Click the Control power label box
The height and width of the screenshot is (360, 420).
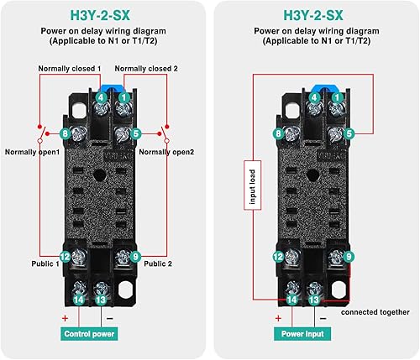click(x=89, y=334)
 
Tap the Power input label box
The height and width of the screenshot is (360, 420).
click(x=302, y=334)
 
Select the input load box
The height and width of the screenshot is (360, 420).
click(x=253, y=185)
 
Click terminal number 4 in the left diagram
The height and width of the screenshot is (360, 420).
click(x=101, y=97)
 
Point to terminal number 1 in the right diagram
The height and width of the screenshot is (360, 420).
click(x=337, y=97)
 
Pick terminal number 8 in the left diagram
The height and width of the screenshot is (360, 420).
click(x=65, y=133)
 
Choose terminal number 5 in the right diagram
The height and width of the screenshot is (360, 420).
click(x=349, y=133)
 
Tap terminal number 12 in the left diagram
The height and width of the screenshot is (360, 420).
click(x=65, y=257)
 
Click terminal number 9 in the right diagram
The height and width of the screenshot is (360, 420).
click(x=349, y=257)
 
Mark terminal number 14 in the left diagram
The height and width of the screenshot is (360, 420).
click(x=79, y=300)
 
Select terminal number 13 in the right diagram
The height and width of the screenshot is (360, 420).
click(x=314, y=300)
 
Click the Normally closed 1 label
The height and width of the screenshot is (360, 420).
click(x=70, y=69)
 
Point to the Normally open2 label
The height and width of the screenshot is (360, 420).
click(x=166, y=152)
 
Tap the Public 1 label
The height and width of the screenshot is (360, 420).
click(x=45, y=263)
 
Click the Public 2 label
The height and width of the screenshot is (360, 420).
click(x=158, y=263)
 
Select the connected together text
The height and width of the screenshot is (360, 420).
click(x=375, y=312)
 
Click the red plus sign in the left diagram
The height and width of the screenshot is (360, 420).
click(x=65, y=318)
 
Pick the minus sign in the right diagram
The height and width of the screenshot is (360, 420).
click(x=323, y=318)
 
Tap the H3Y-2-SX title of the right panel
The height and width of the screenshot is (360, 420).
click(x=313, y=15)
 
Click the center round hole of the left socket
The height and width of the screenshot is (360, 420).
click(x=99, y=175)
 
